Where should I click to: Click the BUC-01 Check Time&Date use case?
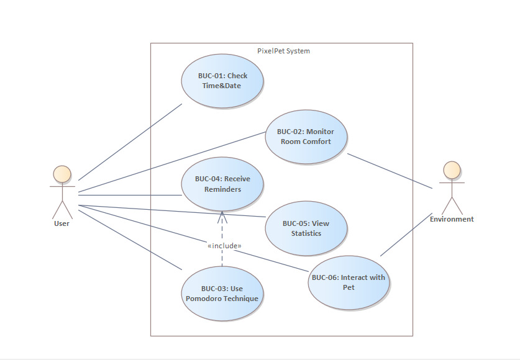pos(222,81)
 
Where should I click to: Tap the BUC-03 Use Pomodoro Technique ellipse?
pos(222,294)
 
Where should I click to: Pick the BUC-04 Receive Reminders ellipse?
pos(222,184)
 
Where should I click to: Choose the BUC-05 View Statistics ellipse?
pos(306,228)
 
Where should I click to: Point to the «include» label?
pos(224,246)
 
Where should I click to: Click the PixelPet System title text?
pos(283,51)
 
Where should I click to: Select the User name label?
pos(62,223)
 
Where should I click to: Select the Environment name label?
pos(452,219)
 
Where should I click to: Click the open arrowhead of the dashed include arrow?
pos(222,214)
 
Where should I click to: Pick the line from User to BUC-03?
pos(130,239)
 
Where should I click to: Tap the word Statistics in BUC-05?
pos(306,233)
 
